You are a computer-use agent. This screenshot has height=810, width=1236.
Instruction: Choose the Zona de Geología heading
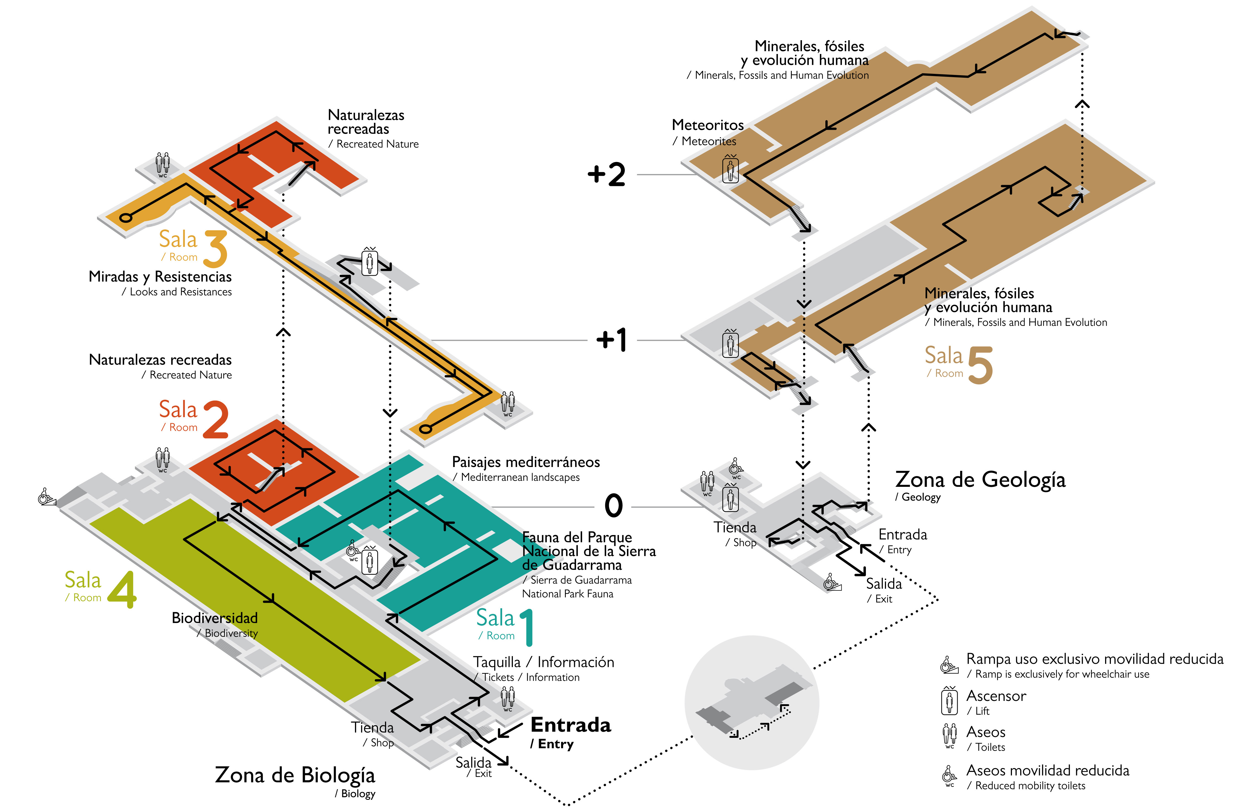tap(980, 480)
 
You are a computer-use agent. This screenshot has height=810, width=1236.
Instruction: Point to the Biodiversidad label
tap(214, 618)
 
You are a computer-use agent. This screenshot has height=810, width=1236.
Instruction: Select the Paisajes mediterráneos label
tap(526, 462)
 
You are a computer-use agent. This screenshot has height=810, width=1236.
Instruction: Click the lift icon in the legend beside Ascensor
tap(949, 701)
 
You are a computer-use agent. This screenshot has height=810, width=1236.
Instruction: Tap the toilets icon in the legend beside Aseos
tap(949, 736)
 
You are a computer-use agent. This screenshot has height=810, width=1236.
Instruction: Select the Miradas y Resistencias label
tap(160, 277)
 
